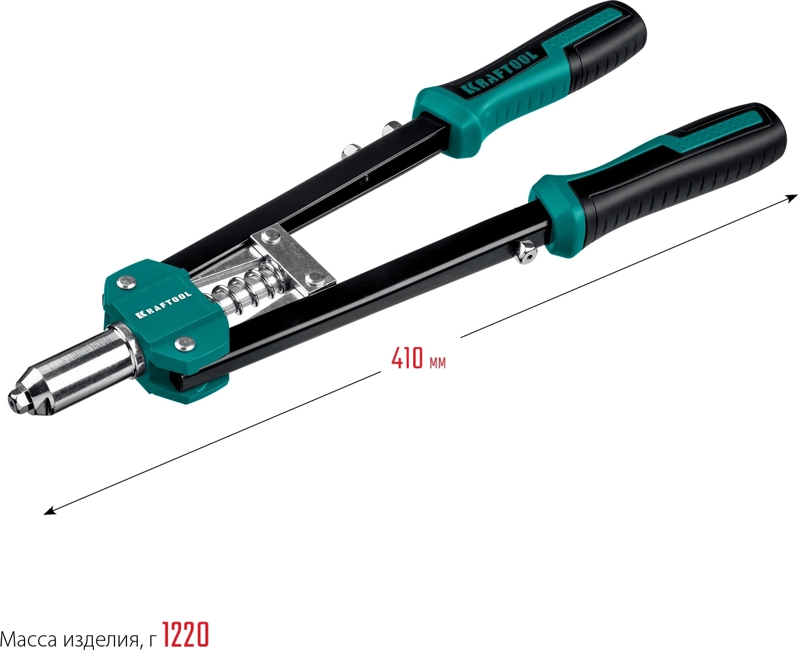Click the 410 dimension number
coord(406,358)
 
